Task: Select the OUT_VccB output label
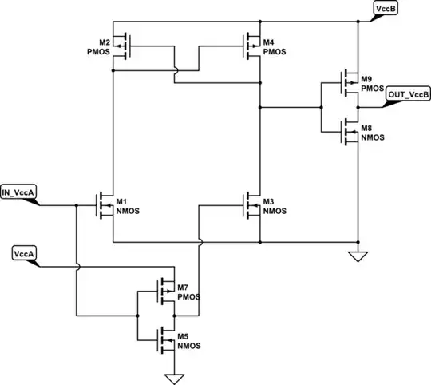408,95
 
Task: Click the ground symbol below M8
358,256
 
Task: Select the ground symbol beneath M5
169,377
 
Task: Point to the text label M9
367,79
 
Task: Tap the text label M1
122,200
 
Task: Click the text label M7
184,287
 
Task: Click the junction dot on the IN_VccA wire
77,206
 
